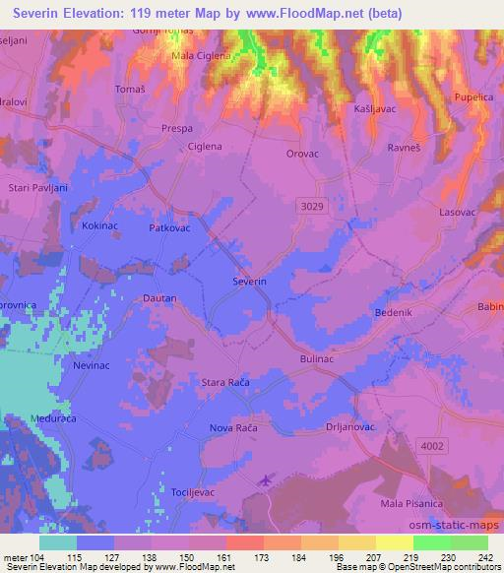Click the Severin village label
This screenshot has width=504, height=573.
[249, 282]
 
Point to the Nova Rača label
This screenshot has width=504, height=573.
[233, 428]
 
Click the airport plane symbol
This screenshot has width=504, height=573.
[264, 480]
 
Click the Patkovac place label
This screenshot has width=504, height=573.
[168, 227]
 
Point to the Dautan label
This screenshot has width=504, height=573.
[158, 297]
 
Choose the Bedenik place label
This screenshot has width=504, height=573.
[393, 312]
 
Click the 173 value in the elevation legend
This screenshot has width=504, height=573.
[262, 558]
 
